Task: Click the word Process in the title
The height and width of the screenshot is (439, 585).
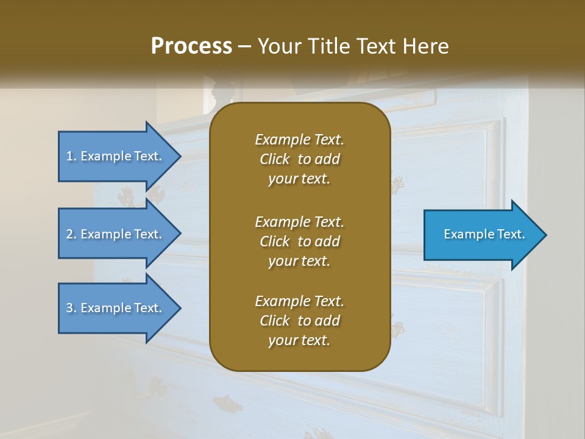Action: (x=191, y=46)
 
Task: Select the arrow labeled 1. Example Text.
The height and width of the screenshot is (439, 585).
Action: (x=116, y=156)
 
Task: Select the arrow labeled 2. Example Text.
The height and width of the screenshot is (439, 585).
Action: (x=116, y=234)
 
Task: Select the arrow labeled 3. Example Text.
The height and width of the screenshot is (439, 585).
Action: (x=116, y=308)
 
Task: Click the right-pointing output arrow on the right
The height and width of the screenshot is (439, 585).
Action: (x=481, y=235)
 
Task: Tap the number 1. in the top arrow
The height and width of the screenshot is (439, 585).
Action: (x=71, y=156)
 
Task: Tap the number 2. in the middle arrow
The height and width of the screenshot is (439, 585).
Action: (x=71, y=234)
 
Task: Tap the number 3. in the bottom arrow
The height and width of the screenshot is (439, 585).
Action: (x=71, y=308)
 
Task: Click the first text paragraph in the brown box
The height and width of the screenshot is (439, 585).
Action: (x=299, y=159)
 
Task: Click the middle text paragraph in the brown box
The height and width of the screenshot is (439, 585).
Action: (x=299, y=241)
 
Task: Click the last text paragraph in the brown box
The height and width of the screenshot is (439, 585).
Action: (x=299, y=321)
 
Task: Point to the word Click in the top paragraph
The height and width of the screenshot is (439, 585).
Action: (x=274, y=159)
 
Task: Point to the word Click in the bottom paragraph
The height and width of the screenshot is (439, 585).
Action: (x=274, y=321)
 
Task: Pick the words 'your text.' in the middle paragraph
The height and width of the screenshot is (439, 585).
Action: (x=299, y=261)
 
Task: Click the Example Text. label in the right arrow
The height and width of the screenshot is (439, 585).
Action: (x=484, y=234)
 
